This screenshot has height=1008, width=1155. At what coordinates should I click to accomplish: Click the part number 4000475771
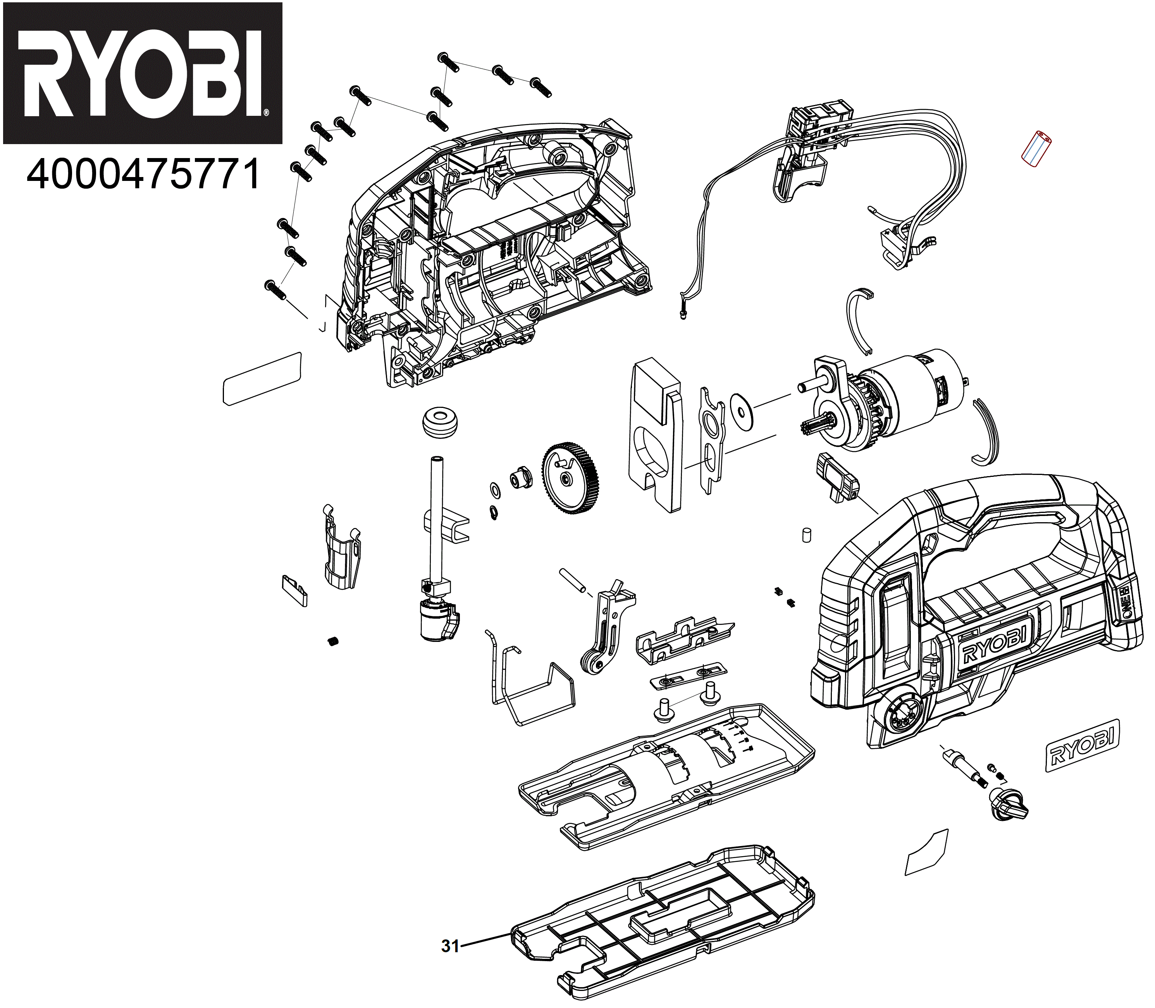tap(143, 174)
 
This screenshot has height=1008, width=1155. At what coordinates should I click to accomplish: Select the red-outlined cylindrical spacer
tap(1036, 149)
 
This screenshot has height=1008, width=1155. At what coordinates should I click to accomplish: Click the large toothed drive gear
tap(570, 479)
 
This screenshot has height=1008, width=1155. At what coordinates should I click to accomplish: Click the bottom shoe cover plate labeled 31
tap(664, 922)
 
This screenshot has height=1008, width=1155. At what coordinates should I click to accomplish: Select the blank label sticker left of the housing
tap(262, 378)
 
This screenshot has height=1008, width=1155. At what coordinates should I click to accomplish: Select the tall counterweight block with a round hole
tap(656, 436)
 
